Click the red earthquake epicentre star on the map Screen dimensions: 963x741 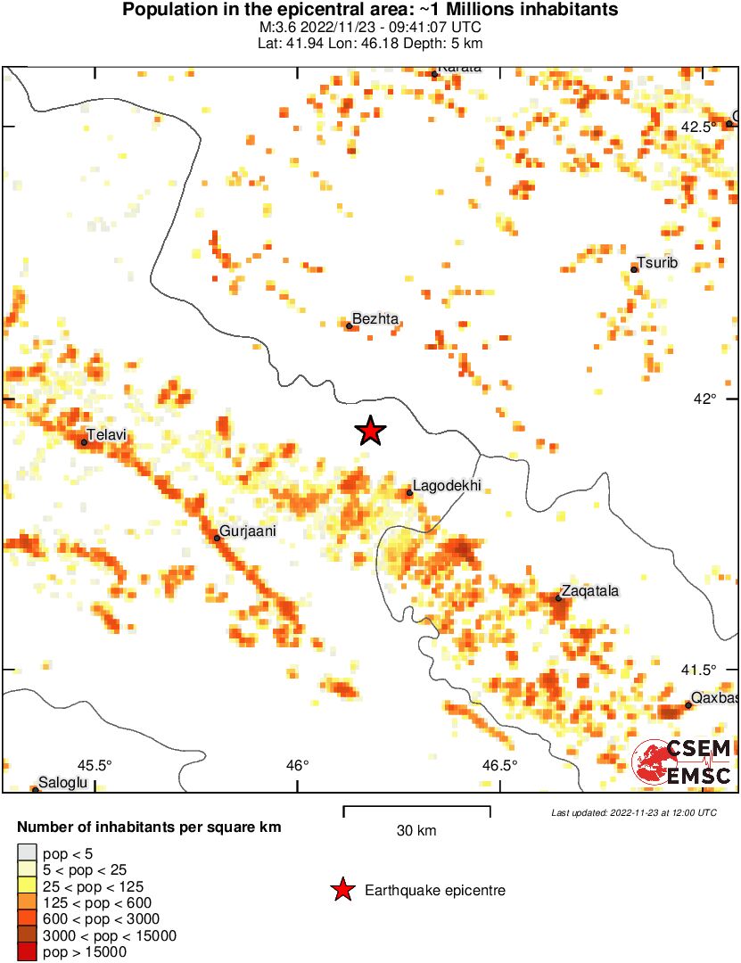pyautogui.click(x=370, y=431)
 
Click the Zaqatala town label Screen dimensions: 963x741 pyautogui.click(x=589, y=591)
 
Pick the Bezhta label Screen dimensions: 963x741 pyautogui.click(x=375, y=318)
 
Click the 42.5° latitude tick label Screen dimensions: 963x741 pyautogui.click(x=698, y=127)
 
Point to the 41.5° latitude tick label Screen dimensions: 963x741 pyautogui.click(x=698, y=670)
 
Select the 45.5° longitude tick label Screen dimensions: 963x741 pyautogui.click(x=94, y=765)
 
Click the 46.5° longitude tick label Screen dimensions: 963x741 pyautogui.click(x=500, y=765)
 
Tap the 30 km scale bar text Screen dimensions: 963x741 pyautogui.click(x=416, y=831)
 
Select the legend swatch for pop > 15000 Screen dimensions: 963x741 pyautogui.click(x=28, y=952)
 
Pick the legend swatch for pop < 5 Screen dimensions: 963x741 pyautogui.click(x=28, y=854)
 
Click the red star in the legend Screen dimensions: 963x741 pyautogui.click(x=342, y=890)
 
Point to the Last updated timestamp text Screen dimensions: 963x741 pyautogui.click(x=633, y=812)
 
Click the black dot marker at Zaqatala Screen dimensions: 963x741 pyautogui.click(x=558, y=597)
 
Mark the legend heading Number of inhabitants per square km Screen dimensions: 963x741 pyautogui.click(x=149, y=827)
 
